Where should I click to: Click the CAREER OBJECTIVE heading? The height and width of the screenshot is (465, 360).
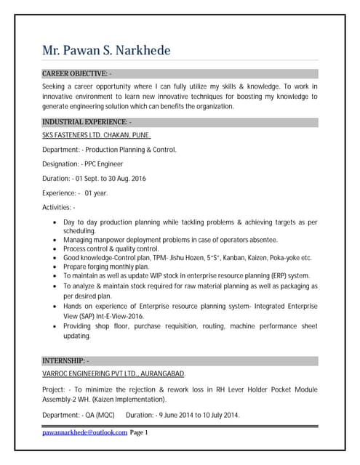tap(76, 73)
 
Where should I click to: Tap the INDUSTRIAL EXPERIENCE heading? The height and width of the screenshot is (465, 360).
tap(86, 121)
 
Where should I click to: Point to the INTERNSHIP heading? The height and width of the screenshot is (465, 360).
tap(65, 360)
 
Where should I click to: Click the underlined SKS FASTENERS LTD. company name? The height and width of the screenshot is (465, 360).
tap(96, 135)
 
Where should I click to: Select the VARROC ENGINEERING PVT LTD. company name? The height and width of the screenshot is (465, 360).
tap(113, 373)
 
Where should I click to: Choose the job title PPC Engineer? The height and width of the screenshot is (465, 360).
tap(104, 164)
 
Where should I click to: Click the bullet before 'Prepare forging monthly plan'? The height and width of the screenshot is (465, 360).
tap(57, 267)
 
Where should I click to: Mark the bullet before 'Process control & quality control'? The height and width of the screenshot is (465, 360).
tap(57, 249)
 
